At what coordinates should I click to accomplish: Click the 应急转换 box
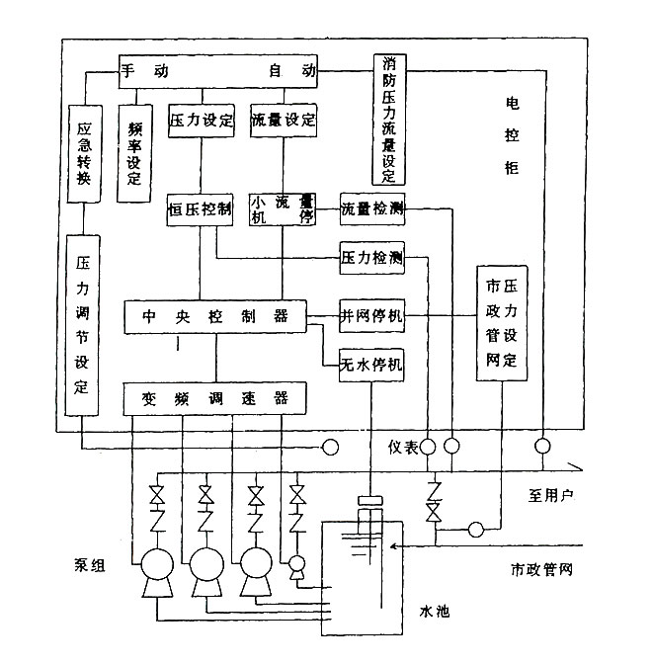click(84, 152)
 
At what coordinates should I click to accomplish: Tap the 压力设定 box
click(201, 121)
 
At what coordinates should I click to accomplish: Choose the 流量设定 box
click(284, 121)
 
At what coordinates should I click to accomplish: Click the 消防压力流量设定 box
click(388, 118)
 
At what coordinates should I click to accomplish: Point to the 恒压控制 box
click(200, 208)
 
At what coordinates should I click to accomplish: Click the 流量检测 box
click(371, 208)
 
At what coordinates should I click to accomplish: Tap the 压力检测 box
click(371, 259)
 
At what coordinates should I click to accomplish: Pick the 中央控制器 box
click(214, 316)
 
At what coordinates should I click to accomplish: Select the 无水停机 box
click(371, 363)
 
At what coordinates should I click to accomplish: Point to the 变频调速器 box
click(214, 398)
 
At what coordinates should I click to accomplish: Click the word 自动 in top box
click(290, 71)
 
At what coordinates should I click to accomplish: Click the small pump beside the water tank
click(296, 566)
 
